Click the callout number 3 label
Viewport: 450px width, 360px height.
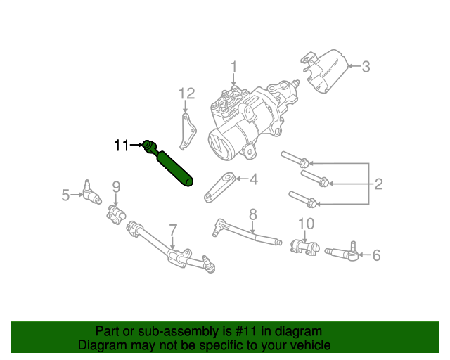[x=366, y=67]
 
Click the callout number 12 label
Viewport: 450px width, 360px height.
[x=186, y=93]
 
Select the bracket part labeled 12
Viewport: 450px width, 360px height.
[x=186, y=133]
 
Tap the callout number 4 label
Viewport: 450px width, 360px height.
[x=253, y=179]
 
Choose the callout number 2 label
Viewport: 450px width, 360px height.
[x=378, y=184]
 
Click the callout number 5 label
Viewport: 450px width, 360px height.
[x=65, y=195]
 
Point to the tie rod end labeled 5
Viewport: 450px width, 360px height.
[x=88, y=191]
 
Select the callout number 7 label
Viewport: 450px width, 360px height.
[x=172, y=229]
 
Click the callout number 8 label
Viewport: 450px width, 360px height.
[x=252, y=214]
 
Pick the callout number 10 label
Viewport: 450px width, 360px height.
[x=304, y=224]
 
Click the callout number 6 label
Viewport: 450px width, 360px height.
[x=376, y=255]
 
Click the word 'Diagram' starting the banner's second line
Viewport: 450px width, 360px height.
[x=101, y=346]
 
